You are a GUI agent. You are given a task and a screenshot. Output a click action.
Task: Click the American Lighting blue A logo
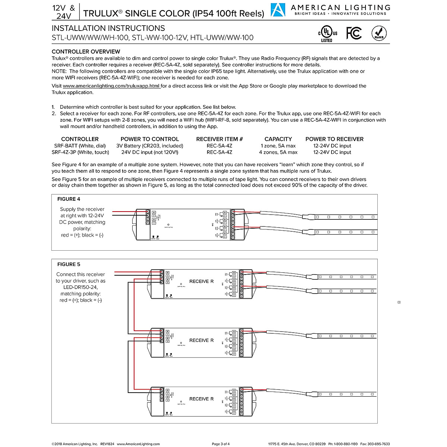pyautogui.click(x=278, y=10)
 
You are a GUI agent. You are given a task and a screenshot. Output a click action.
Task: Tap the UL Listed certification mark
pyautogui.click(x=327, y=33)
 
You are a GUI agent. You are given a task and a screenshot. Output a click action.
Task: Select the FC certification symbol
pyautogui.click(x=354, y=33)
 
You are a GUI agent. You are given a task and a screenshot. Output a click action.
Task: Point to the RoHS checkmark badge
pyautogui.click(x=379, y=33)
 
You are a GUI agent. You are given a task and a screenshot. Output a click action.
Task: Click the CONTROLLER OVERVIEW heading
pyautogui.click(x=86, y=51)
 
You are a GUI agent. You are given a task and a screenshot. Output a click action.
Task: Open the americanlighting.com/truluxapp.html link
pyautogui.click(x=111, y=86)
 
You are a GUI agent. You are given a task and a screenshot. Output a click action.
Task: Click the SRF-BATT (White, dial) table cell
pyautogui.click(x=80, y=146)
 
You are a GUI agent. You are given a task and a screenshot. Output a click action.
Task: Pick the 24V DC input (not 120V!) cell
pyautogui.click(x=150, y=152)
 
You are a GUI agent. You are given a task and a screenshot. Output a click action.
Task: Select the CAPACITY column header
pyautogui.click(x=278, y=139)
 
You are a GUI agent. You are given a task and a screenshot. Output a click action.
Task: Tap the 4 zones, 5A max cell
pyautogui.click(x=278, y=152)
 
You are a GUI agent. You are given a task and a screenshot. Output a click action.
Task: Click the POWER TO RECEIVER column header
pyautogui.click(x=334, y=139)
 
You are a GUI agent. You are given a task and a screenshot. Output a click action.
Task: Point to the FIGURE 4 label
pyautogui.click(x=69, y=199)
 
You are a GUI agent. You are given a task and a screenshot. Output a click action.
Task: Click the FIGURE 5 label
pyautogui.click(x=69, y=264)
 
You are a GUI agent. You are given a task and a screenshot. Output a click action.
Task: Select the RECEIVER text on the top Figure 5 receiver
pyautogui.click(x=202, y=281)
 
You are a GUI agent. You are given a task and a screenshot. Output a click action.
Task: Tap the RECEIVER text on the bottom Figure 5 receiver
pyautogui.click(x=202, y=399)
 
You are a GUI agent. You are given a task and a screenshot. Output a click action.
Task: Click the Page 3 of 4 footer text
pyautogui.click(x=221, y=444)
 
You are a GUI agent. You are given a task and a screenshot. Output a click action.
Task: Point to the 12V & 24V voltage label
pyautogui.click(x=64, y=12)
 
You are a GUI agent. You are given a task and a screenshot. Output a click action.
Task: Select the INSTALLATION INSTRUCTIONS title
pyautogui.click(x=108, y=28)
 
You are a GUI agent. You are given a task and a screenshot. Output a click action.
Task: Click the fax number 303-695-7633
pyautogui.click(x=378, y=444)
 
